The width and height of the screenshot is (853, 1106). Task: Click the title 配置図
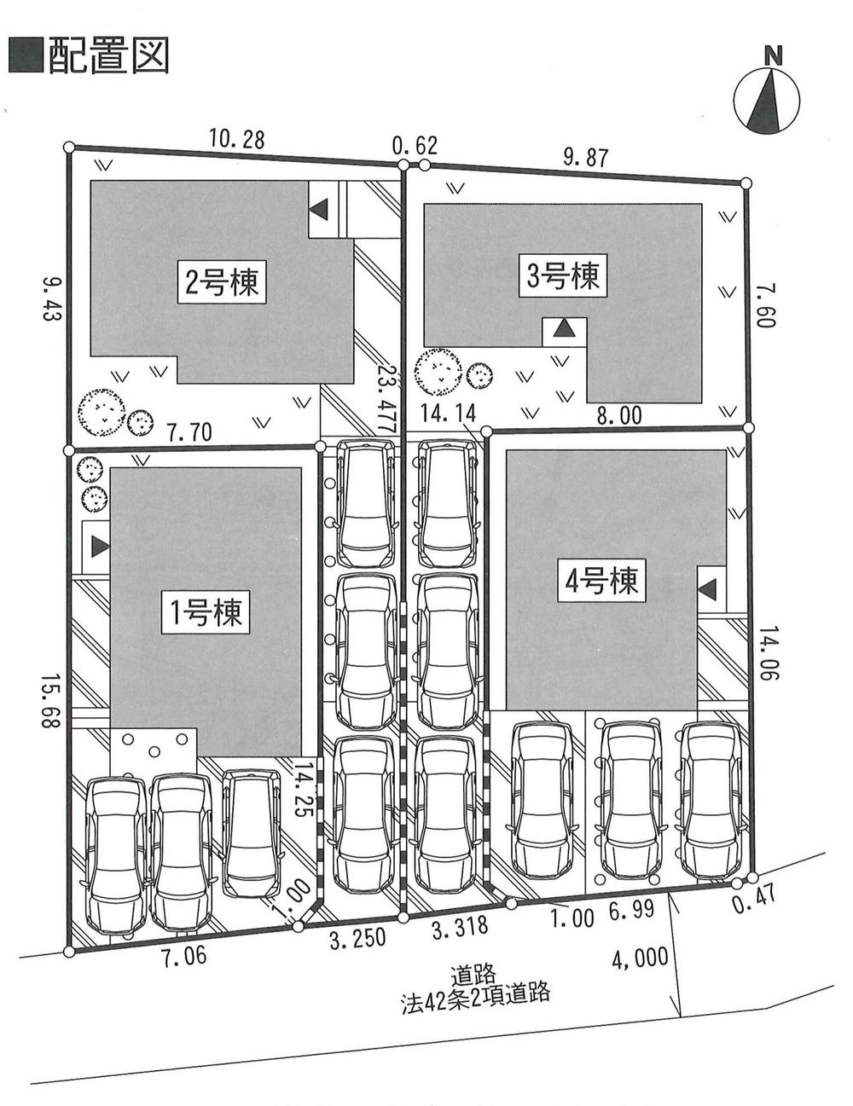pyautogui.click(x=90, y=55)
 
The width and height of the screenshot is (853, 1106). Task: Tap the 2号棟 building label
pyautogui.click(x=222, y=281)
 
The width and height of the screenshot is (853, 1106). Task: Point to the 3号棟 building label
pyautogui.click(x=563, y=275)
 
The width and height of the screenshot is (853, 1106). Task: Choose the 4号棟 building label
pyautogui.click(x=601, y=581)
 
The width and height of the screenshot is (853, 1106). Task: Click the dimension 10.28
pyautogui.click(x=236, y=139)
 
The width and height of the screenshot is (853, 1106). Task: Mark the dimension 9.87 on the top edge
pyautogui.click(x=586, y=157)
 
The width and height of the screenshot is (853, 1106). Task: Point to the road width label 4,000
pyautogui.click(x=640, y=958)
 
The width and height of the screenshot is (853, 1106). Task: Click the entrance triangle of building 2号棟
pyautogui.click(x=319, y=207)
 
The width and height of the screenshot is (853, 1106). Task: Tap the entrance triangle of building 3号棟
pyautogui.click(x=564, y=329)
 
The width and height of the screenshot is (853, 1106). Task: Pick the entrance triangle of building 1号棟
pyautogui.click(x=98, y=547)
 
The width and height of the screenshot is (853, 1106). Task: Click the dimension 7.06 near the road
pyautogui.click(x=183, y=955)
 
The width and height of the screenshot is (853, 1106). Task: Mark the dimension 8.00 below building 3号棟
pyautogui.click(x=618, y=415)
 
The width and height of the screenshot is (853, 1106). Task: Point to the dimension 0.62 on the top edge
pyautogui.click(x=415, y=147)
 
